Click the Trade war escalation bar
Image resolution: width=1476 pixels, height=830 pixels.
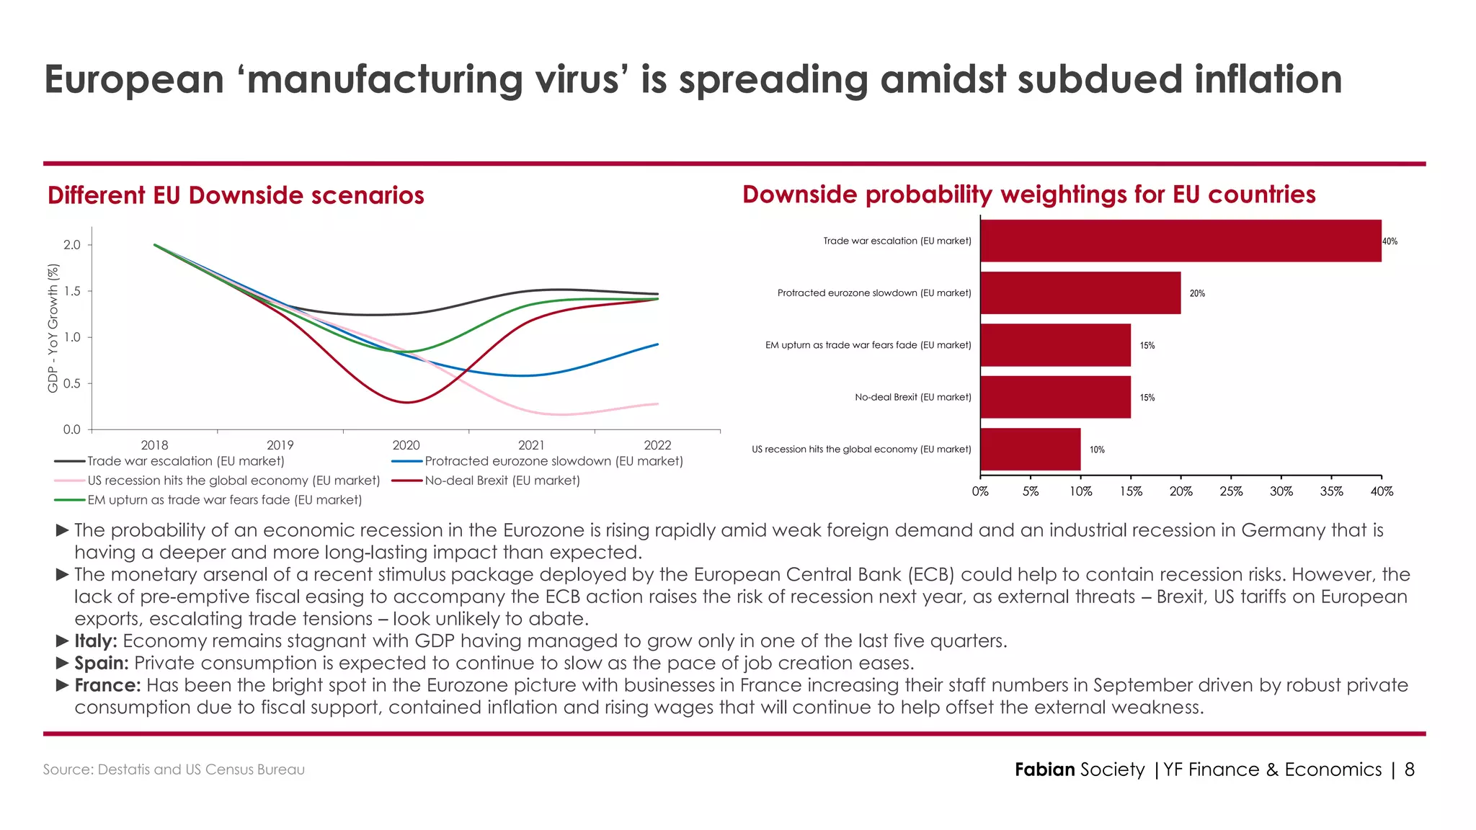click(x=1181, y=241)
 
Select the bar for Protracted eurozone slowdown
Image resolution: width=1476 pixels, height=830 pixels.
click(x=1080, y=293)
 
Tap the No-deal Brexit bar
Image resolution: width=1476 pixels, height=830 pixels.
click(x=1055, y=397)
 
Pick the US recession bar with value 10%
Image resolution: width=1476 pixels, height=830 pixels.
click(x=1031, y=449)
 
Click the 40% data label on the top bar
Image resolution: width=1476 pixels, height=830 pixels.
click(x=1390, y=241)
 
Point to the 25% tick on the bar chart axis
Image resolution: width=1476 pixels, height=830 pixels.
click(x=1231, y=491)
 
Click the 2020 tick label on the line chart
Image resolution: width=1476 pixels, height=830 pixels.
click(x=406, y=445)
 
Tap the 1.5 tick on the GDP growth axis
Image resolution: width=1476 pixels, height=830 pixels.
click(x=72, y=291)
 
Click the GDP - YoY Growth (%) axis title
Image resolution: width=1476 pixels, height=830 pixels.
click(x=53, y=329)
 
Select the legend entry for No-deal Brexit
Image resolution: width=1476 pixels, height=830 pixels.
click(x=502, y=481)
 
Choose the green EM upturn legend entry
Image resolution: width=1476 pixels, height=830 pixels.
click(x=224, y=500)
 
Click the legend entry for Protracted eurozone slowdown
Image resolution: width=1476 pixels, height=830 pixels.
click(x=553, y=461)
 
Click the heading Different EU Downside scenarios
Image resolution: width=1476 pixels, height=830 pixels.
click(x=236, y=195)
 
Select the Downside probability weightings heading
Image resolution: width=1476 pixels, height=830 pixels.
click(x=1028, y=195)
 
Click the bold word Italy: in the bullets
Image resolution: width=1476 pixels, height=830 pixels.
click(x=95, y=641)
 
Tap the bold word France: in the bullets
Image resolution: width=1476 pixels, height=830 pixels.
click(x=107, y=684)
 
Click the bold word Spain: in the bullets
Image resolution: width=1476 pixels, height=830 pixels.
click(x=101, y=663)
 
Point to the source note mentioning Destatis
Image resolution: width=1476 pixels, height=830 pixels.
click(x=174, y=769)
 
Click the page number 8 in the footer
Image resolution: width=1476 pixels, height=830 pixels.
click(x=1410, y=769)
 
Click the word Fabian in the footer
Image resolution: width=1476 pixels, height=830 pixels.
click(x=1044, y=769)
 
